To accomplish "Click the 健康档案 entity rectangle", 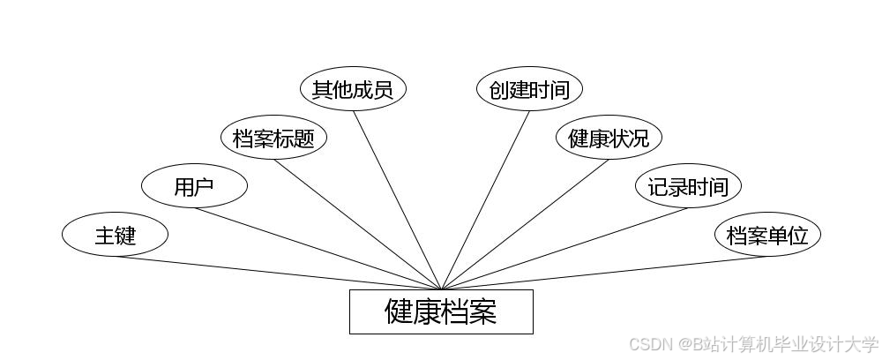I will point(441,311).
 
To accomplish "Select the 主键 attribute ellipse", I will point(115,235).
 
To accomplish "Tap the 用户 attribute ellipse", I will point(194,186).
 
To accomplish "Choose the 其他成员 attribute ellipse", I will point(353,89).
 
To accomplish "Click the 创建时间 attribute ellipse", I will point(529,89).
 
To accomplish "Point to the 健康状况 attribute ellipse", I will point(609,138).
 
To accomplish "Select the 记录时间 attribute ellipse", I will point(688,186).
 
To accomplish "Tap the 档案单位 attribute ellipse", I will point(767,235).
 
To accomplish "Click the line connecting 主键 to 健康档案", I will point(278,273).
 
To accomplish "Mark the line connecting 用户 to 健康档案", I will point(318,249).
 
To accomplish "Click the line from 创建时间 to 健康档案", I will point(485,199).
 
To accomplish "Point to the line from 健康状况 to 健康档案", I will point(525,224).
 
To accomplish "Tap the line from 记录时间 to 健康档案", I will point(564,249).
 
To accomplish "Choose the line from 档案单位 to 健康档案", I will point(604,273).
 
